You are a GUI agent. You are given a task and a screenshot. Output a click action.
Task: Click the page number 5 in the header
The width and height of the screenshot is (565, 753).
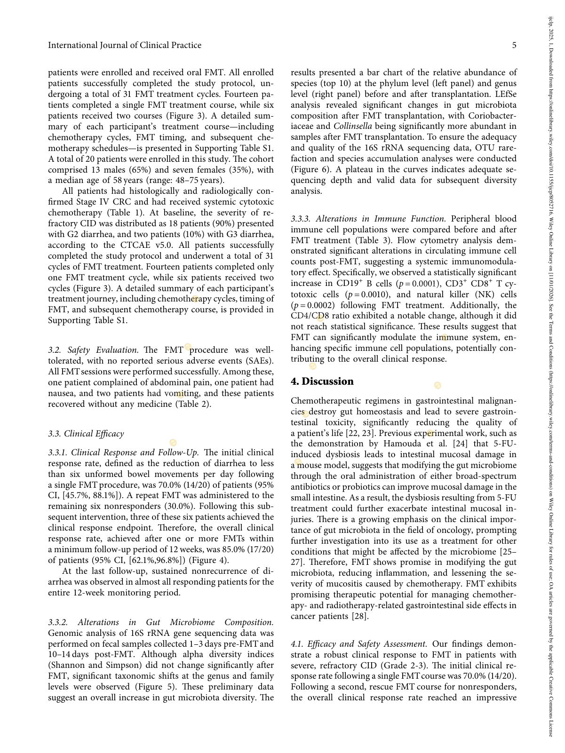(514, 45)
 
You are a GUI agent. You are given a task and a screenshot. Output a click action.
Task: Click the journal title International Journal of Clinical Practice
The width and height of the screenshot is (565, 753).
(125, 45)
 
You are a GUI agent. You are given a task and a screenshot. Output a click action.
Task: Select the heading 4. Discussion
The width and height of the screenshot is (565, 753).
(322, 381)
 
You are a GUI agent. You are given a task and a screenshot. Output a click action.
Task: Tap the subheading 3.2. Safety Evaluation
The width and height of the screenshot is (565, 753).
(93, 350)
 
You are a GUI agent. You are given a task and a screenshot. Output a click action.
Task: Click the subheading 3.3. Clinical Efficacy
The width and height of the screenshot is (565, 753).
(86, 434)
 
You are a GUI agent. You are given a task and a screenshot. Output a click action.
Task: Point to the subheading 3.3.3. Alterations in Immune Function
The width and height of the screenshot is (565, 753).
(368, 219)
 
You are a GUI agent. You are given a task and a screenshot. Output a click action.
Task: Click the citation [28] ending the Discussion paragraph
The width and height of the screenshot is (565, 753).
(360, 616)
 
